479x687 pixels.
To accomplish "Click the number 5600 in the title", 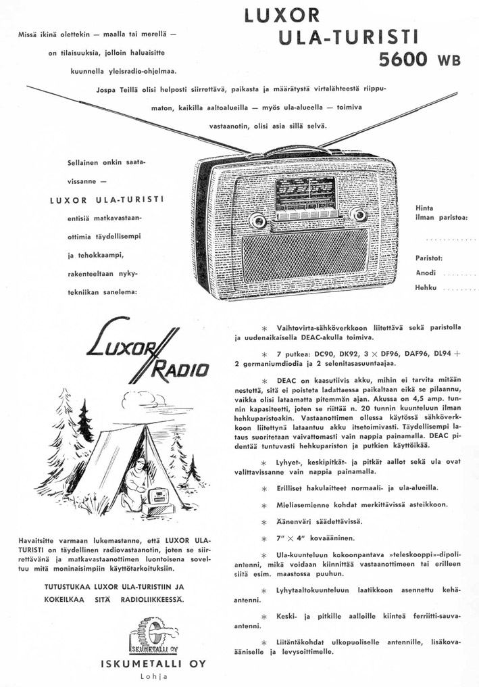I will (403, 60).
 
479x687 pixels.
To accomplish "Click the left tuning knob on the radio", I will (257, 220).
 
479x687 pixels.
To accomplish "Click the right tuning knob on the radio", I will (358, 216).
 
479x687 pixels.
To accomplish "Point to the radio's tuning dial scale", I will (306, 192).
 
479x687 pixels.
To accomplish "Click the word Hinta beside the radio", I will (425, 208).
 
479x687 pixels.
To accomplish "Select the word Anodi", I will (426, 273).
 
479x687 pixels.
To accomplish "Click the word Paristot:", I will (429, 258).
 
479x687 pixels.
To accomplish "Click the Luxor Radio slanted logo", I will (147, 352).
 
